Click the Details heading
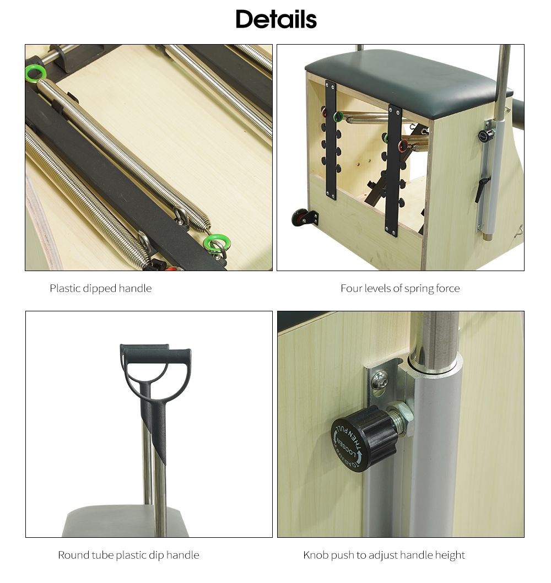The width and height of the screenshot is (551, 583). tap(276, 19)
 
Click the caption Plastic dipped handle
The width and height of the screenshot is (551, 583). tap(100, 288)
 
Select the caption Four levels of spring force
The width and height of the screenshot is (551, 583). tap(400, 288)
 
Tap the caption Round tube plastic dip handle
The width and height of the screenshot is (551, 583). tap(128, 555)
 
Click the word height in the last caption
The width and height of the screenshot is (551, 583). tap(450, 555)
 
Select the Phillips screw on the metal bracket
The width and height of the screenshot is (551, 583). tap(379, 380)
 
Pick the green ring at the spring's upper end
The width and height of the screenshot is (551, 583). tap(35, 73)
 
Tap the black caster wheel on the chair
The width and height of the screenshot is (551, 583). tap(300, 218)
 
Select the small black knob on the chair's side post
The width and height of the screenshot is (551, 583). tap(485, 136)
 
